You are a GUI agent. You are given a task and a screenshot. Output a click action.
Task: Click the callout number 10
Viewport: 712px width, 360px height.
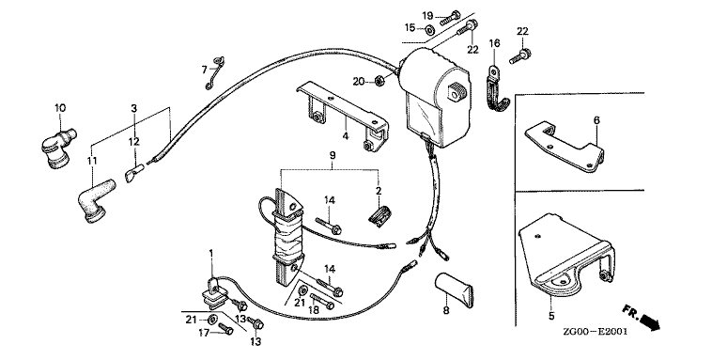coord(60,108)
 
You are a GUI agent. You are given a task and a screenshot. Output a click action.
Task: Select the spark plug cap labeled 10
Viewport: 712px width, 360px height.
coord(58,148)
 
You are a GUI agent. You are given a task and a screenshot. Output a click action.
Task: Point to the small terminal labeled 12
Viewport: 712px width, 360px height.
coord(133,173)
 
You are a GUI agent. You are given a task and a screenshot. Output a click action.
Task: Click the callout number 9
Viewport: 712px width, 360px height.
coord(333,155)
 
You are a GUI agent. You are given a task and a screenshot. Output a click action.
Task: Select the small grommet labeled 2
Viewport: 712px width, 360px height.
coord(379,215)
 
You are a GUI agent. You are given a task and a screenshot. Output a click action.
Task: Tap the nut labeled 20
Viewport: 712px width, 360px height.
coord(380,82)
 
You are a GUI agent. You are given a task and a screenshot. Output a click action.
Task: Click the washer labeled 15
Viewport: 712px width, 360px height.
coord(428,30)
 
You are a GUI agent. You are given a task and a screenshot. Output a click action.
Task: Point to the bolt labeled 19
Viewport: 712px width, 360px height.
coord(450,17)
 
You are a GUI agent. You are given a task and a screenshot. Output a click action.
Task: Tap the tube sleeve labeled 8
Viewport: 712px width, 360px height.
coord(454,290)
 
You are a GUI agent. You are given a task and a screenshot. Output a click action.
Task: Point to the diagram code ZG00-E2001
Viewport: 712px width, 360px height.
coord(595,332)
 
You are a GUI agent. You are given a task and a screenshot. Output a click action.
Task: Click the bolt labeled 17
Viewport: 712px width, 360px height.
coord(225,328)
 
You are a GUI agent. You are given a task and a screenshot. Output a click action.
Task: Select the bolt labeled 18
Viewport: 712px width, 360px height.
coord(322,301)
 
